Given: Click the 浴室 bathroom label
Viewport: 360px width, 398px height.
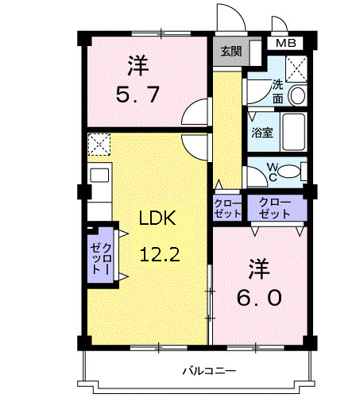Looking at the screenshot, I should coord(263,133).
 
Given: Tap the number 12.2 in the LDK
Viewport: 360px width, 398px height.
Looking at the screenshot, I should coord(158,254).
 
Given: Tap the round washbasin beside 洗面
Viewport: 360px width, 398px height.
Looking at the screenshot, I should coord(297,95).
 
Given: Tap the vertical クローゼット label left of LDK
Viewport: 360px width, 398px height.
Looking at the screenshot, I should coord(100,256).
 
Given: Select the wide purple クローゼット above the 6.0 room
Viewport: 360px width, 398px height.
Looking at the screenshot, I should coord(275,208).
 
